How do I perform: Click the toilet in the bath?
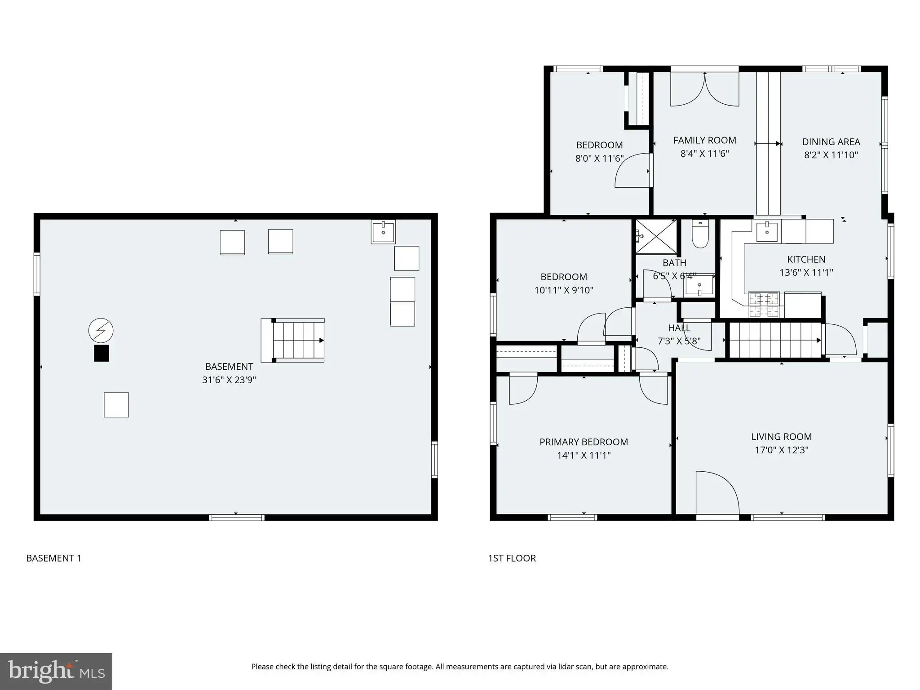tap(700, 234)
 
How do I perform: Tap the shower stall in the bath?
tap(656, 236)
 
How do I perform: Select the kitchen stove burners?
tap(764, 305)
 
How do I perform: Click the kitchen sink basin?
tap(767, 232)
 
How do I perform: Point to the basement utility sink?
tap(383, 232)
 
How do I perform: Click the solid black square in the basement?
tap(102, 353)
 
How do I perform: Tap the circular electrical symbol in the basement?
tap(101, 331)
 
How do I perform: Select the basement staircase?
tap(293, 340)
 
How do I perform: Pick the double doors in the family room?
tap(705, 88)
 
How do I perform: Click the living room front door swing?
tap(717, 492)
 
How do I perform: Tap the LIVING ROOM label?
tap(782, 437)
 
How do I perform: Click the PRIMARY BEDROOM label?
tap(584, 442)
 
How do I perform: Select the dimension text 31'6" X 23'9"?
tap(229, 380)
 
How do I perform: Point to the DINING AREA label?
tap(831, 142)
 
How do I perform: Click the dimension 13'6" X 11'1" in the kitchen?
tap(806, 272)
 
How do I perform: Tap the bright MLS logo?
tap(56, 671)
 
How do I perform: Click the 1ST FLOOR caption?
tap(512, 558)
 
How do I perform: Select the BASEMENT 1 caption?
tap(54, 558)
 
